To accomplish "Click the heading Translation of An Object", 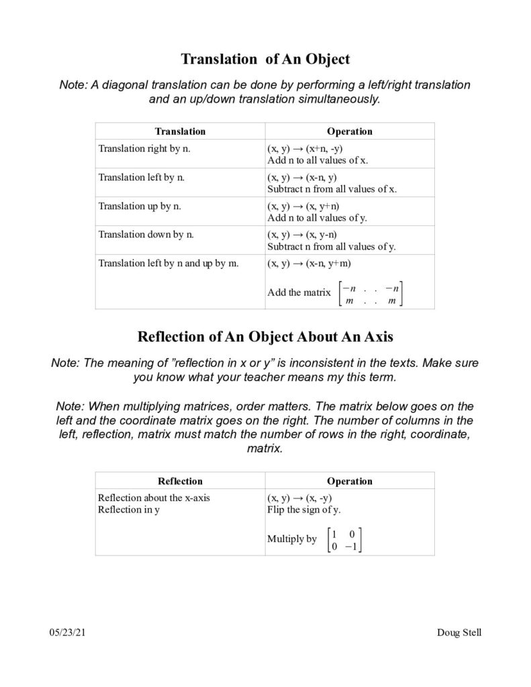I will pyautogui.click(x=265, y=59).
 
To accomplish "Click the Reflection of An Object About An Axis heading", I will pyautogui.click(x=265, y=336).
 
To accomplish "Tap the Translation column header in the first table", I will pyautogui.click(x=180, y=131).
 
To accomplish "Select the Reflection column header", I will pyautogui.click(x=180, y=481).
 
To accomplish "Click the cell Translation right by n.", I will pyautogui.click(x=144, y=148).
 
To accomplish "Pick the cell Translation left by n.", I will pyautogui.click(x=142, y=177).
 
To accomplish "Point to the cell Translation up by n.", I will pyautogui.click(x=140, y=206).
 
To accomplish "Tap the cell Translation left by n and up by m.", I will pyautogui.click(x=168, y=263).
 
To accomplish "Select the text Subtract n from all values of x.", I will pyautogui.click(x=332, y=189).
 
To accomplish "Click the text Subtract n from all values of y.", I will pyautogui.click(x=332, y=247).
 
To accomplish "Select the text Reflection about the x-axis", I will pyautogui.click(x=158, y=498).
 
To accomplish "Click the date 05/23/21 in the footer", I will pyautogui.click(x=66, y=633).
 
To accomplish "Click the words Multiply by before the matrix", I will pyautogui.click(x=292, y=539).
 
